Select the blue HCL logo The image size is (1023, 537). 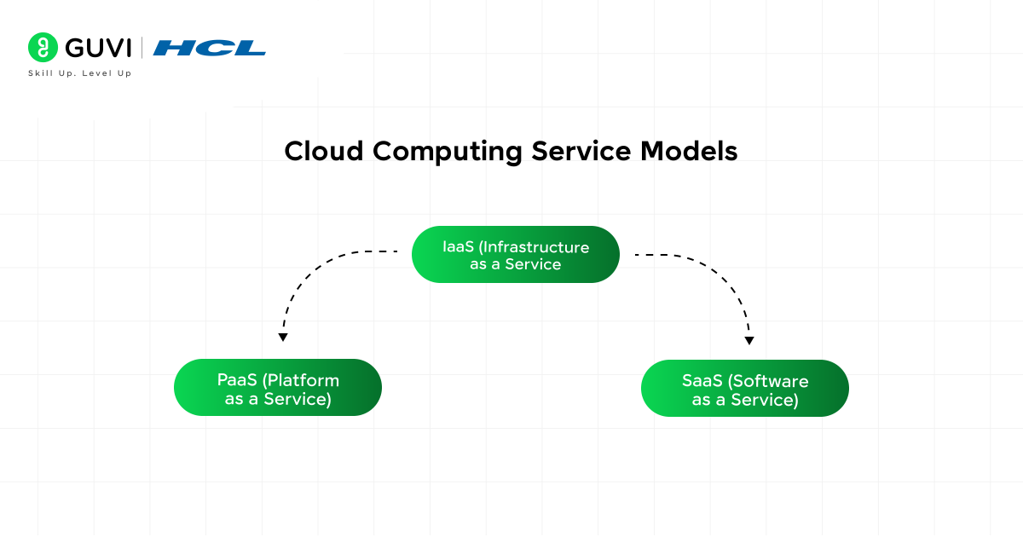[210, 48]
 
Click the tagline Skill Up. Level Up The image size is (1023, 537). [80, 73]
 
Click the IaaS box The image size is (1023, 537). [515, 255]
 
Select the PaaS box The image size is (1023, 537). [278, 388]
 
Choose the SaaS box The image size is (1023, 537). [744, 389]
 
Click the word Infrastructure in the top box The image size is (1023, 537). [534, 247]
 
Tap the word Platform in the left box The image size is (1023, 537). [302, 380]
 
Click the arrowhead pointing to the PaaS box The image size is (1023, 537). [283, 337]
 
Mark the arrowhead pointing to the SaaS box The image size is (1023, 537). [749, 340]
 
